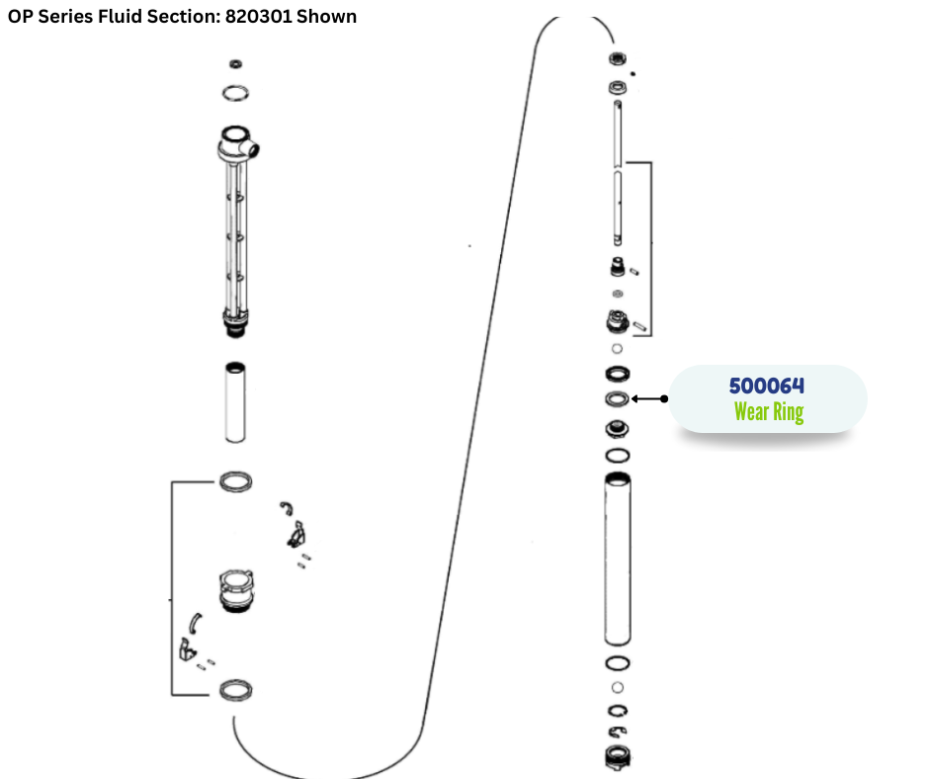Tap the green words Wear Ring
[x=768, y=412]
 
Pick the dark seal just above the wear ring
[x=617, y=374]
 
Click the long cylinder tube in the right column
[x=617, y=559]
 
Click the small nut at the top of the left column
[x=235, y=65]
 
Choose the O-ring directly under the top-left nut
[x=234, y=93]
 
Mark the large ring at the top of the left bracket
[x=234, y=481]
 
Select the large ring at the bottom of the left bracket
[x=234, y=689]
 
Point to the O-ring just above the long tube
[x=617, y=455]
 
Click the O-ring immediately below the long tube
[x=617, y=663]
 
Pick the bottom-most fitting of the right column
[x=617, y=756]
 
